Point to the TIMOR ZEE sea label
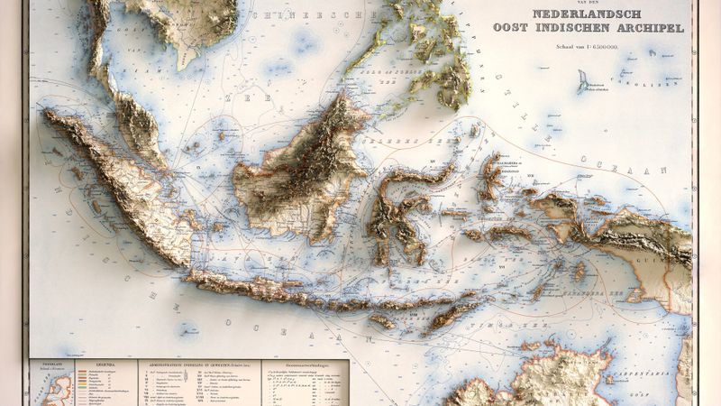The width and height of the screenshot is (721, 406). click(505, 321)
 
